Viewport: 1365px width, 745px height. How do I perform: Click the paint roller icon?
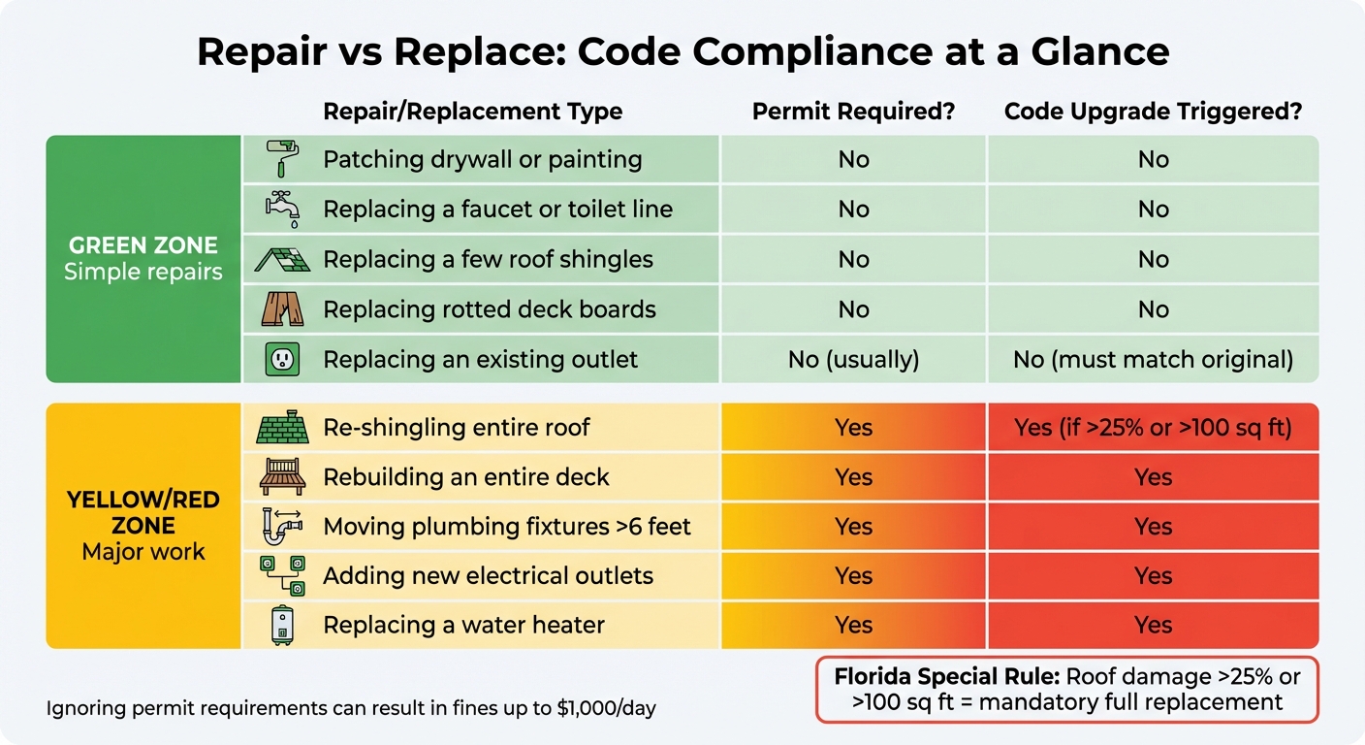tap(282, 158)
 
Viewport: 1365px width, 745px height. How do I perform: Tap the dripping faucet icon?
tap(282, 209)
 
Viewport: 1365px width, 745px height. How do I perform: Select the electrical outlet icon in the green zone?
tap(282, 360)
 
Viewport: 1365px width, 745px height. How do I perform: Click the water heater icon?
tap(282, 625)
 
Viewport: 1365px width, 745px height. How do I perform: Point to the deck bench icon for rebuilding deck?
tap(282, 477)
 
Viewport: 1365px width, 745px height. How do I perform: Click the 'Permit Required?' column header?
tap(853, 112)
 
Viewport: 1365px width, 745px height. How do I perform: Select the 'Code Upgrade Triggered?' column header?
tap(1153, 112)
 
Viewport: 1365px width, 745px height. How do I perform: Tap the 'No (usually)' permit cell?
tap(853, 360)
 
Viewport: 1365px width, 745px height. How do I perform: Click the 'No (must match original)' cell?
tap(1153, 360)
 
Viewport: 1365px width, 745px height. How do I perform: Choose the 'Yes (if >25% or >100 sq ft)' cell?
tap(1153, 428)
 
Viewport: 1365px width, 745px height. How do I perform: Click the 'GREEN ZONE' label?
tap(143, 245)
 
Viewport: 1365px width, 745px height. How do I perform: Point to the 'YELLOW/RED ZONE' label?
tap(143, 513)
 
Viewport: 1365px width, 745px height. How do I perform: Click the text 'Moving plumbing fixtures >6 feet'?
tap(507, 527)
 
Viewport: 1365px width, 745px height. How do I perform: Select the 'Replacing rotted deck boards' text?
tap(490, 309)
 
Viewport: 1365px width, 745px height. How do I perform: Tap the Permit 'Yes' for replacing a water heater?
tap(853, 625)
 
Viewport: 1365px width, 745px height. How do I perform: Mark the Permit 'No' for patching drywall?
tap(853, 159)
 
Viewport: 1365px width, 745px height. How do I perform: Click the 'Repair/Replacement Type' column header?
tap(472, 112)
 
